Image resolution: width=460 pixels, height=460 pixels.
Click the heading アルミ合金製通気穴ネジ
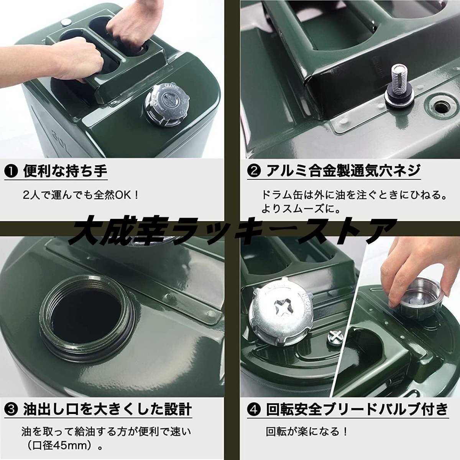point(342,171)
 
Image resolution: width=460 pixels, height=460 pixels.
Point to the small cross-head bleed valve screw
point(336,337)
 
